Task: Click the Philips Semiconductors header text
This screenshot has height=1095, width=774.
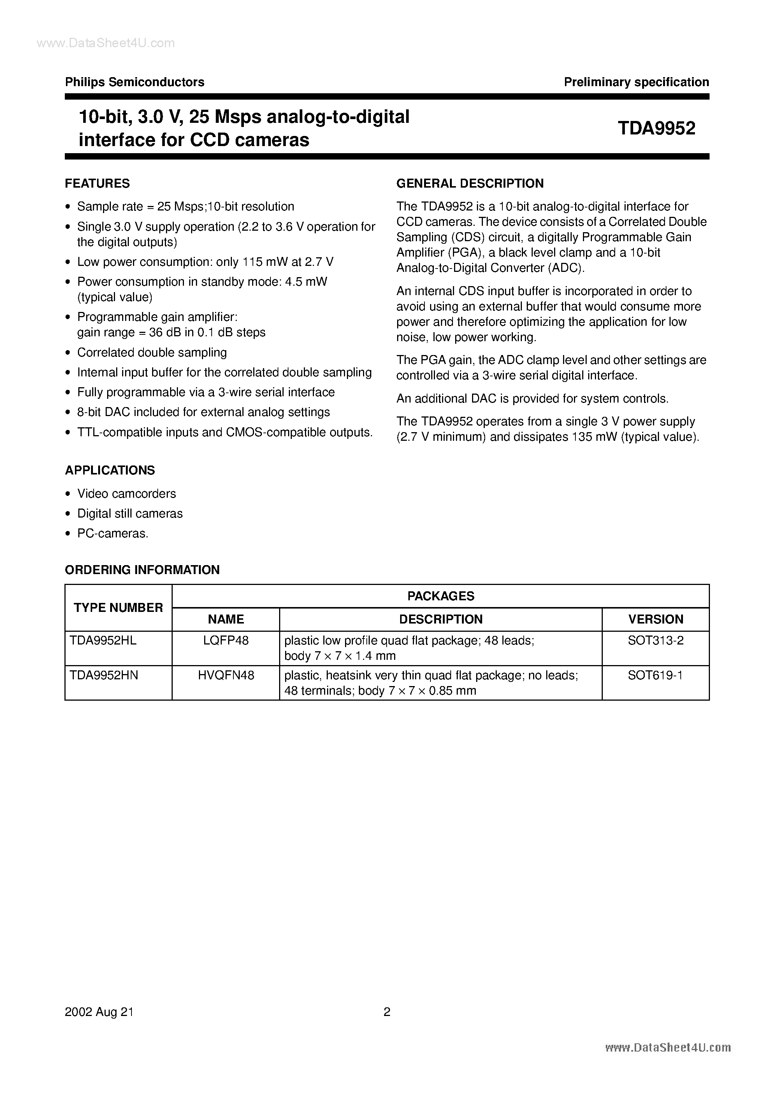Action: (134, 82)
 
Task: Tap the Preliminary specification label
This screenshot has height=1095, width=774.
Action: (636, 82)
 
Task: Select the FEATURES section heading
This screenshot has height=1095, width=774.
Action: (97, 183)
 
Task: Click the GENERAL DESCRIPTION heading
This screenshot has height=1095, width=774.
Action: (470, 183)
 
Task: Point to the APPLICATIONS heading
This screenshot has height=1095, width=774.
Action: (110, 470)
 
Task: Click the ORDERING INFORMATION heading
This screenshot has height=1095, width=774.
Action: (142, 570)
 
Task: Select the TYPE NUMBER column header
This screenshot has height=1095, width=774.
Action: (118, 607)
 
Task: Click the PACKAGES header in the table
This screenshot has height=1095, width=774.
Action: (441, 596)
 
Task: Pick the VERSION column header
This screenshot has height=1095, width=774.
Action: (656, 619)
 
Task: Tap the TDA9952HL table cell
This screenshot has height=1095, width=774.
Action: (103, 640)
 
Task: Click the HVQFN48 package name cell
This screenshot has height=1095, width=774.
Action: (226, 675)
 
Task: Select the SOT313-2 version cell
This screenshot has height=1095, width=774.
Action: (656, 640)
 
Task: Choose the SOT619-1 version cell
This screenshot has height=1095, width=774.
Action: (656, 675)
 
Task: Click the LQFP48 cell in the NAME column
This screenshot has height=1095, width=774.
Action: (226, 640)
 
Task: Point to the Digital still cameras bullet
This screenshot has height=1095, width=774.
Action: (130, 514)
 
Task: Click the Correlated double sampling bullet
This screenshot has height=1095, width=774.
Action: (152, 352)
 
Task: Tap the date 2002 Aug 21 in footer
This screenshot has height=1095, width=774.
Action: (99, 1012)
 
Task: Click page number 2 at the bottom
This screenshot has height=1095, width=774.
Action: (387, 1012)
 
